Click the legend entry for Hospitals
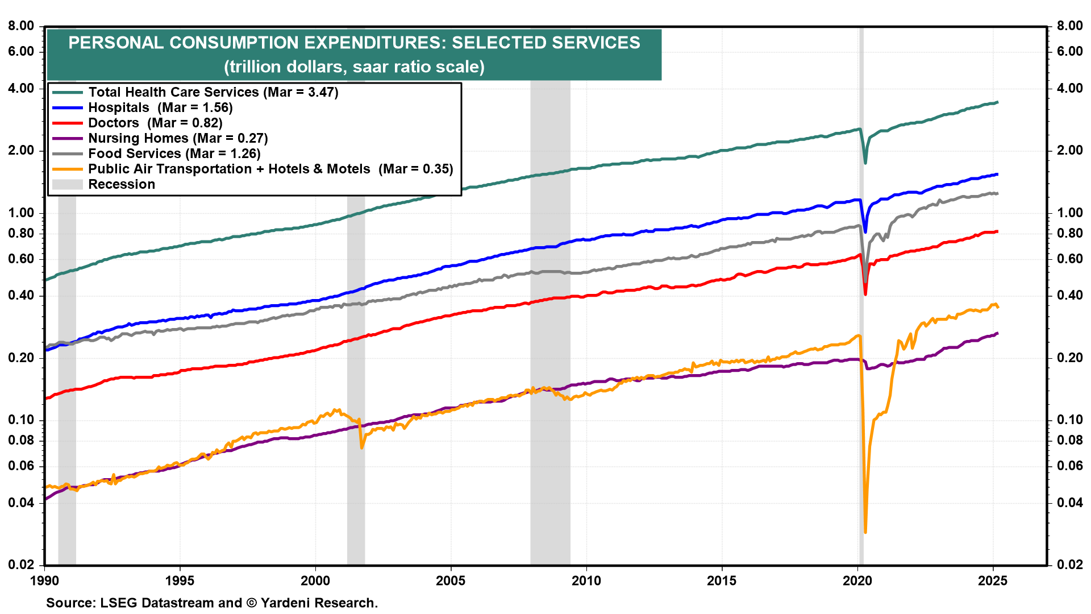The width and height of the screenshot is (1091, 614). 160,107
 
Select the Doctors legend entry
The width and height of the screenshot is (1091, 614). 155,123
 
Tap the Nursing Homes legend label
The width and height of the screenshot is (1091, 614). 178,138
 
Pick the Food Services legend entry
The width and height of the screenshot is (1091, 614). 174,153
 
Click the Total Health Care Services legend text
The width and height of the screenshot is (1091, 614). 213,92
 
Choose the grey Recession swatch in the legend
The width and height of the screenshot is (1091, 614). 67,184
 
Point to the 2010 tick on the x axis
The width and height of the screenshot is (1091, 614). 586,580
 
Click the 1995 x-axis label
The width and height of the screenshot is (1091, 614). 180,580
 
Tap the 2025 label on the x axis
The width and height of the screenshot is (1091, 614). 992,580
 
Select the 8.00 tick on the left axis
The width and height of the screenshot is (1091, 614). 21,26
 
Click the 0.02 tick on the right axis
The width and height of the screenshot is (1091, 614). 1070,565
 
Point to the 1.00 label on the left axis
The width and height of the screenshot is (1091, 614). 21,213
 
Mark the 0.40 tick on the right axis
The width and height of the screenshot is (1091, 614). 1070,296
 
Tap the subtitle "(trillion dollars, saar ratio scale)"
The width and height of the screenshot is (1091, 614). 354,67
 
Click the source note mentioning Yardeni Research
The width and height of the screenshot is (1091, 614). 212,603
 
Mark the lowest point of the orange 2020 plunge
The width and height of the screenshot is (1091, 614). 865,532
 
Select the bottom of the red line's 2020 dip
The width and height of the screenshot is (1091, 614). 865,294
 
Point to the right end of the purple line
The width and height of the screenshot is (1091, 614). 997,333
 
